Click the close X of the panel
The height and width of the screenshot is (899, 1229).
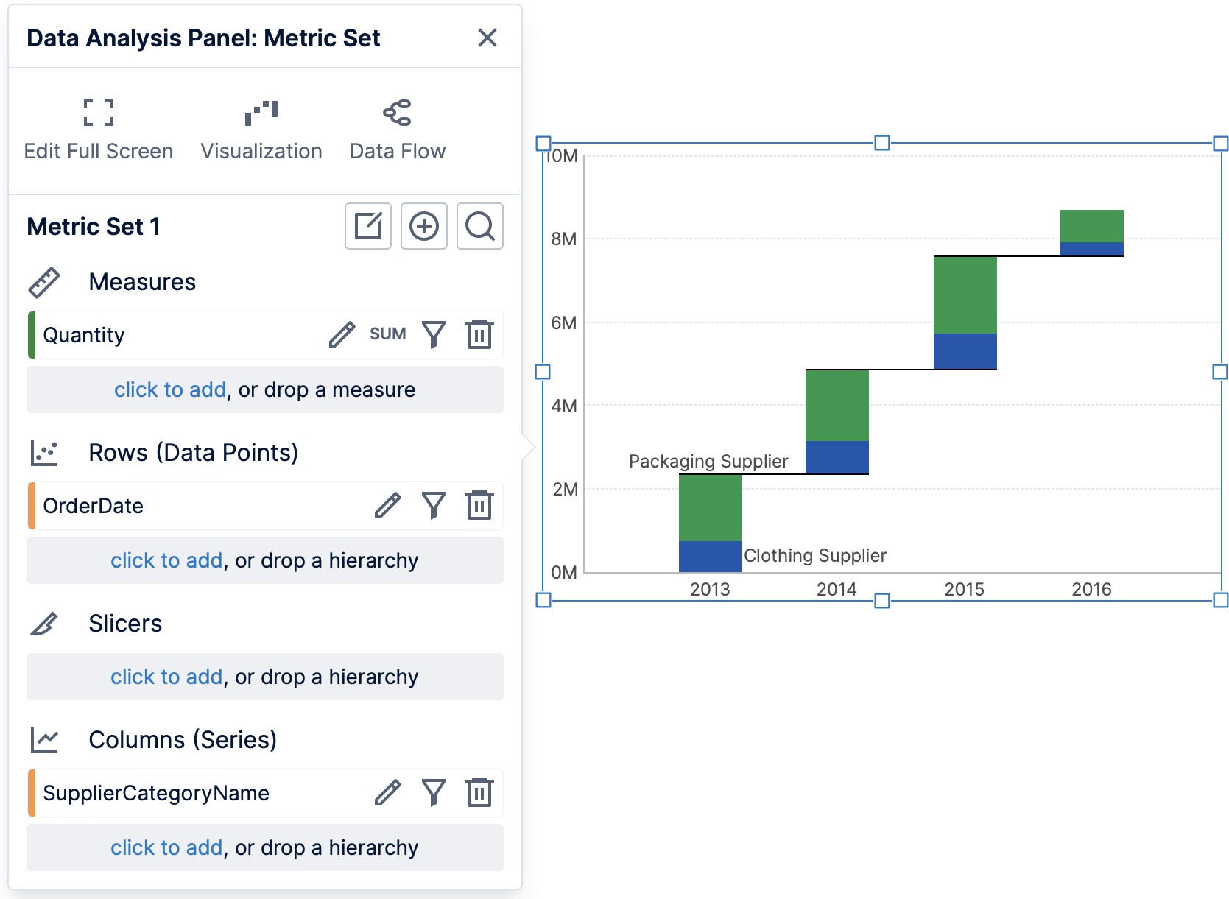tap(487, 38)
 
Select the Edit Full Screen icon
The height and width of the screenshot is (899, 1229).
tap(99, 113)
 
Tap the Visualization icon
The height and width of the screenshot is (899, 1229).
tap(261, 113)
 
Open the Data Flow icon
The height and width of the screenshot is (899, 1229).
tap(398, 113)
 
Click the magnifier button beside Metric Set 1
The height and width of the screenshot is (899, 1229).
tap(479, 226)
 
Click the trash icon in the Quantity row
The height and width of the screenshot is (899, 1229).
tap(479, 334)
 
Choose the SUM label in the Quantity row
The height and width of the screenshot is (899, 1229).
tap(387, 334)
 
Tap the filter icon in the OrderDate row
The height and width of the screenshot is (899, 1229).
tap(434, 505)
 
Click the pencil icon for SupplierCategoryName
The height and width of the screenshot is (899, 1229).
tap(387, 792)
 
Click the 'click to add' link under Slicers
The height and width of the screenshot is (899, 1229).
tap(166, 677)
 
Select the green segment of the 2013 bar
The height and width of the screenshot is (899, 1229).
tap(710, 507)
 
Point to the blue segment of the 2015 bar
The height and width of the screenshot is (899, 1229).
tap(965, 351)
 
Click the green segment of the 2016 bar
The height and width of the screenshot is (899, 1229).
tap(1091, 226)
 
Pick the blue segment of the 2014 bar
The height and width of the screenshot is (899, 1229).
tap(837, 457)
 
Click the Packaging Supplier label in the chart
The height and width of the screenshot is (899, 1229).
tap(708, 462)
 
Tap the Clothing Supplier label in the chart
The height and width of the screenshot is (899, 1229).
tap(814, 556)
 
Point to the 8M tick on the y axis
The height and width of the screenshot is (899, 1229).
tap(564, 239)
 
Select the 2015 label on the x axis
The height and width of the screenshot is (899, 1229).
tap(964, 589)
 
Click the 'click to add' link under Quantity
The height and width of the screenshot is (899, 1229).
tap(170, 389)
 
